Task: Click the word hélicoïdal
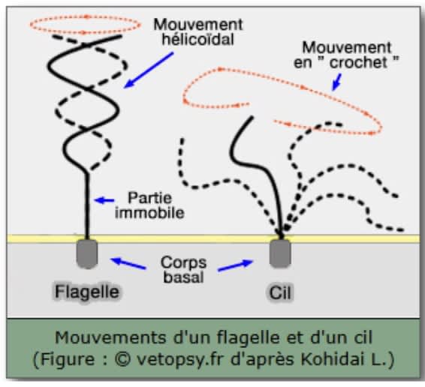click(198, 39)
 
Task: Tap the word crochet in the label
click(359, 62)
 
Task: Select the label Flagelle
click(87, 292)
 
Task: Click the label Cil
click(280, 292)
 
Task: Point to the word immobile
click(149, 212)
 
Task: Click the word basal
click(183, 277)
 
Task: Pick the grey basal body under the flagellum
click(87, 253)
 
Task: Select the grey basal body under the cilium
click(280, 253)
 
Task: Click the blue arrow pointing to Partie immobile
click(104, 200)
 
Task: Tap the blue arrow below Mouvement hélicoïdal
click(149, 70)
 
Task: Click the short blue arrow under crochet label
click(336, 82)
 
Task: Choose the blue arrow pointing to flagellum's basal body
click(128, 263)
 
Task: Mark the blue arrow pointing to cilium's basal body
click(236, 265)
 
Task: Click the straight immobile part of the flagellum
click(87, 205)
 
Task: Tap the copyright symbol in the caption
click(122, 359)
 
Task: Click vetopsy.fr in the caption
click(180, 360)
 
